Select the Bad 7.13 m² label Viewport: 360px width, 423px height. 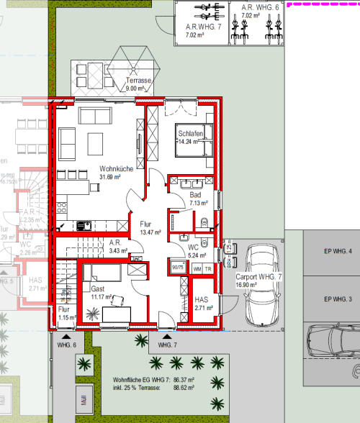click(x=197, y=199)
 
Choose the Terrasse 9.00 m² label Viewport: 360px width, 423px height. click(x=134, y=85)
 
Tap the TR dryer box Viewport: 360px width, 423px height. click(x=209, y=268)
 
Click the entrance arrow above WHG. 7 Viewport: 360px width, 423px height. click(x=167, y=335)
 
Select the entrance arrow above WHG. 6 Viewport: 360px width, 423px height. click(x=66, y=335)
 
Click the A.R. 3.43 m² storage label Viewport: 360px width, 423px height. click(x=115, y=247)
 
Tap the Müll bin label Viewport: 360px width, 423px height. click(x=84, y=399)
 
